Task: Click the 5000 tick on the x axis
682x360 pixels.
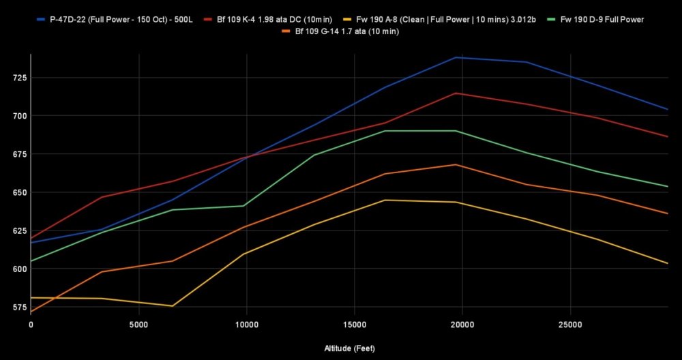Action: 138,324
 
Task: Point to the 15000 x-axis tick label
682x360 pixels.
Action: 354,324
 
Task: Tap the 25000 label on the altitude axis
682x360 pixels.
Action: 569,324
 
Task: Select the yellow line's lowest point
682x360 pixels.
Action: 173,306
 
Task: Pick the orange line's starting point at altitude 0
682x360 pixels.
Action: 31,312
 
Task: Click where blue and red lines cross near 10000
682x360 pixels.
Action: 246,157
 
